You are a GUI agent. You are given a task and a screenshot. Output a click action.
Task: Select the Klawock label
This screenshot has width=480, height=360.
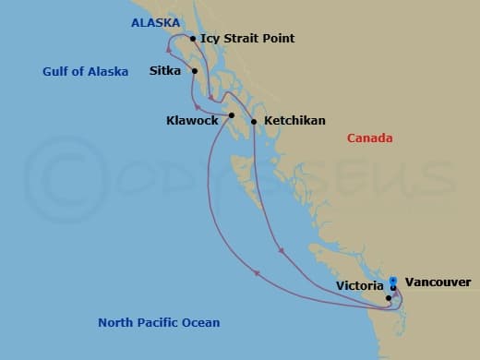tap(192, 121)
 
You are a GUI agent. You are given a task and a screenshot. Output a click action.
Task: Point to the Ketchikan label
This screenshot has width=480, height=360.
tap(294, 121)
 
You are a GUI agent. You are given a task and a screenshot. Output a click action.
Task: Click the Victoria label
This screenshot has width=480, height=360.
tap(360, 286)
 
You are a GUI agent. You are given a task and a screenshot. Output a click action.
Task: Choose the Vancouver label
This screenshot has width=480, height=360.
tap(438, 282)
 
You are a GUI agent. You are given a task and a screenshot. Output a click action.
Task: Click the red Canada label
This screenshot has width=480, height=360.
tap(369, 138)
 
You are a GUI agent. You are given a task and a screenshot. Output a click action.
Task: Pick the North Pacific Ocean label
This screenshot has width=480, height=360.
tap(159, 322)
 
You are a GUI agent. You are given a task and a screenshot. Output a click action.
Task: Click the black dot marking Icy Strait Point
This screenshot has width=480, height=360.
tap(192, 39)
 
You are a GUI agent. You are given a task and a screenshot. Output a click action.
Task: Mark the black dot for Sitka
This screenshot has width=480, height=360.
tap(195, 70)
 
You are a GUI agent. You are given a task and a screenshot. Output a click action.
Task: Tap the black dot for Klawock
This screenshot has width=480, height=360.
tap(232, 115)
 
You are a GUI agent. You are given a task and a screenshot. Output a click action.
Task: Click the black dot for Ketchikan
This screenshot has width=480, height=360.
tap(254, 121)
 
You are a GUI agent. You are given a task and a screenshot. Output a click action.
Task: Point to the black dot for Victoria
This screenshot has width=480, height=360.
tap(389, 297)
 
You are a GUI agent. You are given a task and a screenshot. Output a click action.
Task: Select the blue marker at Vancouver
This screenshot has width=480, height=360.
tap(393, 282)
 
